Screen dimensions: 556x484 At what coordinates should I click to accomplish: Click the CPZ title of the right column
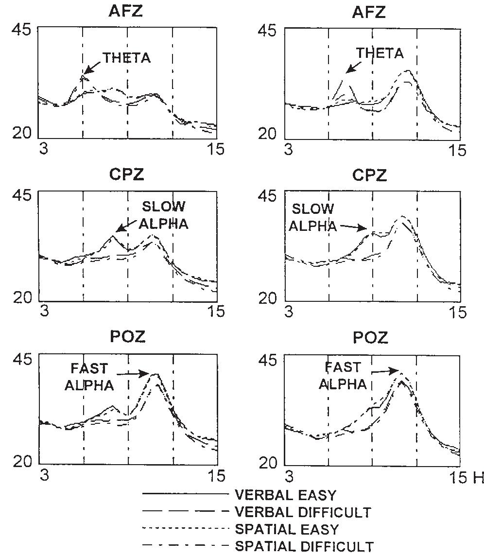[x=370, y=175]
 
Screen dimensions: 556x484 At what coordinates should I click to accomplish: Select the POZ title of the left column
[x=128, y=337]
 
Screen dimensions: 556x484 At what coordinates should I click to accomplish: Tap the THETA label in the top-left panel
[x=126, y=58]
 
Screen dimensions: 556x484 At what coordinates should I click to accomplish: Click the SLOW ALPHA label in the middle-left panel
[x=163, y=214]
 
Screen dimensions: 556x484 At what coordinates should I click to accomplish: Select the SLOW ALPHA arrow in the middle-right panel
[x=353, y=226]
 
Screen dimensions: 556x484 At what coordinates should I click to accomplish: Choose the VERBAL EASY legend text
[x=285, y=495]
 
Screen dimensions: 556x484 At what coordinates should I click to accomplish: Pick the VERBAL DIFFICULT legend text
[x=303, y=512]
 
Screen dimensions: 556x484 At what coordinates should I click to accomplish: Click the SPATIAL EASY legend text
[x=287, y=529]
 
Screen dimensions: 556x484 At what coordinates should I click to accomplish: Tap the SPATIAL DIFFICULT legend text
[x=304, y=546]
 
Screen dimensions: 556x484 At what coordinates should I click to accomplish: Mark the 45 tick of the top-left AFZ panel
[x=21, y=30]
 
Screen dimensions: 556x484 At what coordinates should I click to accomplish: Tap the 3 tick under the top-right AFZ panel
[x=289, y=149]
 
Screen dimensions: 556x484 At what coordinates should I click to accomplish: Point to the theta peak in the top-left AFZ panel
[x=84, y=76]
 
